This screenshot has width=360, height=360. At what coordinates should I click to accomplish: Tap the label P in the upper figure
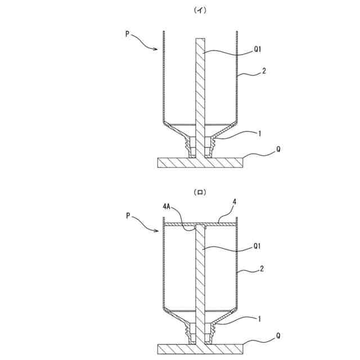click(x=128, y=34)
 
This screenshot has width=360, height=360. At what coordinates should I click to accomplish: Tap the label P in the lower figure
click(x=128, y=215)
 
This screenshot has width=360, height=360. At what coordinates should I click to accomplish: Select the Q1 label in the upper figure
click(x=257, y=49)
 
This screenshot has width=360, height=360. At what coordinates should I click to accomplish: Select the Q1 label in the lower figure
click(x=257, y=246)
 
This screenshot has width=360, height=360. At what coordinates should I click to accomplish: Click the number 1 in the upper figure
click(x=259, y=134)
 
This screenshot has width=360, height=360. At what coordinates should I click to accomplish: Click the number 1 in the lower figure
click(x=259, y=318)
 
